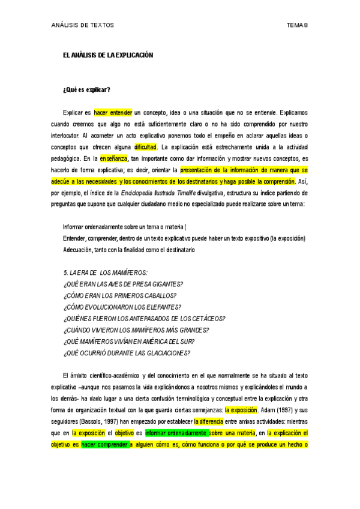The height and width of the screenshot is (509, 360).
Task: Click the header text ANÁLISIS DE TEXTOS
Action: (82, 25)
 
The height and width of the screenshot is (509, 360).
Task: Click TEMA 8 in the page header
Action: (297, 25)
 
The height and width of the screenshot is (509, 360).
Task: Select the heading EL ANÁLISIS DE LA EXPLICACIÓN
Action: (108, 55)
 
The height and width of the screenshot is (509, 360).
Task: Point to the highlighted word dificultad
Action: (146, 146)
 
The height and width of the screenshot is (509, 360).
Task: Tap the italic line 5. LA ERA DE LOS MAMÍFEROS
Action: (105, 273)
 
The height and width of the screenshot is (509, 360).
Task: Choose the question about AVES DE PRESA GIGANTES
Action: (123, 284)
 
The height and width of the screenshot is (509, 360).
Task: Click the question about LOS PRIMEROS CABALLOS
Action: (119, 295)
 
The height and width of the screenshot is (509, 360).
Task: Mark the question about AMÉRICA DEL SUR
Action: (128, 341)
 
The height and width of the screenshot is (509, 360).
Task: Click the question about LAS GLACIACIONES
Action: (127, 352)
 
